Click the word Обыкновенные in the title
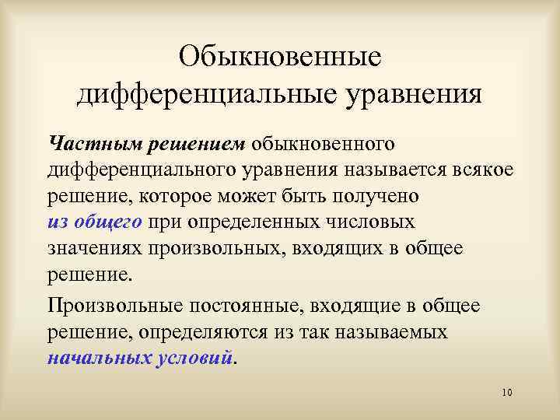point(279,57)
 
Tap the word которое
point(183,195)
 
